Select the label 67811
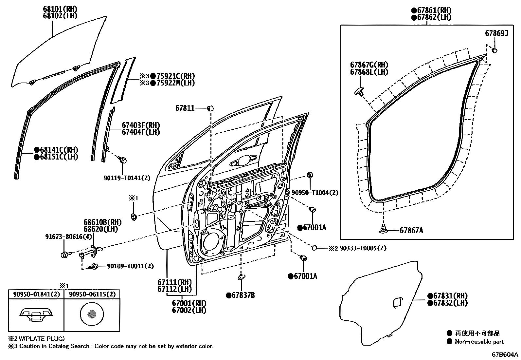(185, 108)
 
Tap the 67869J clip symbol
(495, 50)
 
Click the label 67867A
(411, 231)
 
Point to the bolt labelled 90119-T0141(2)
(123, 160)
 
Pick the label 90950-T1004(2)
(314, 193)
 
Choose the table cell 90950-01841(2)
(36, 294)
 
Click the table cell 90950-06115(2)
(92, 294)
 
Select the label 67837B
(243, 295)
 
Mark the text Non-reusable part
(479, 342)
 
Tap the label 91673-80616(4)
(68, 237)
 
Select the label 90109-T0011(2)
(130, 266)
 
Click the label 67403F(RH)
(141, 125)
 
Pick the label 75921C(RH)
(175, 76)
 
